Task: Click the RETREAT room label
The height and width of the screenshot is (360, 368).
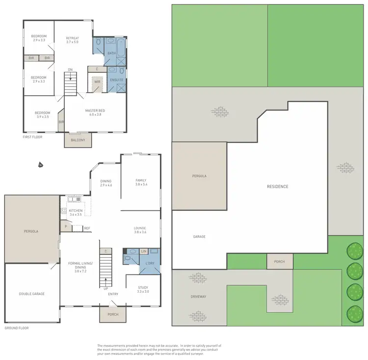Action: (72, 38)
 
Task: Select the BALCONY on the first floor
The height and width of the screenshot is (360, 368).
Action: (78, 140)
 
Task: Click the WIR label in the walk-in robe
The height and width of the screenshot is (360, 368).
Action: (97, 82)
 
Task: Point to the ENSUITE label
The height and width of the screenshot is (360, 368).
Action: (116, 79)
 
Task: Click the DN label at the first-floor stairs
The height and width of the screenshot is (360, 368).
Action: (70, 69)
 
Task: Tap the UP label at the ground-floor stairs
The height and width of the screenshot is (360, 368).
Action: (105, 288)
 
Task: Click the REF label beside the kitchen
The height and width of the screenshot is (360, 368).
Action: (87, 228)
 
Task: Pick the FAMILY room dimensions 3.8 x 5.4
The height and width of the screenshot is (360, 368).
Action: (141, 185)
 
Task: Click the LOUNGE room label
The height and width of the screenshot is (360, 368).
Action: (141, 228)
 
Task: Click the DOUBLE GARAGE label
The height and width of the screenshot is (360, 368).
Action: (32, 294)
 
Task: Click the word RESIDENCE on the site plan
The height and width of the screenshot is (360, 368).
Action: (277, 187)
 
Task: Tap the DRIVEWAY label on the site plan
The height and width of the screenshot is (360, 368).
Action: (199, 297)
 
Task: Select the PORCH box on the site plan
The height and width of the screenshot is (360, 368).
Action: (279, 261)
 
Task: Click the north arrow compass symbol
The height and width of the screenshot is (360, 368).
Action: (40, 165)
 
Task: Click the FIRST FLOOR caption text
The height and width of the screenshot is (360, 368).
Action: (33, 137)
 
